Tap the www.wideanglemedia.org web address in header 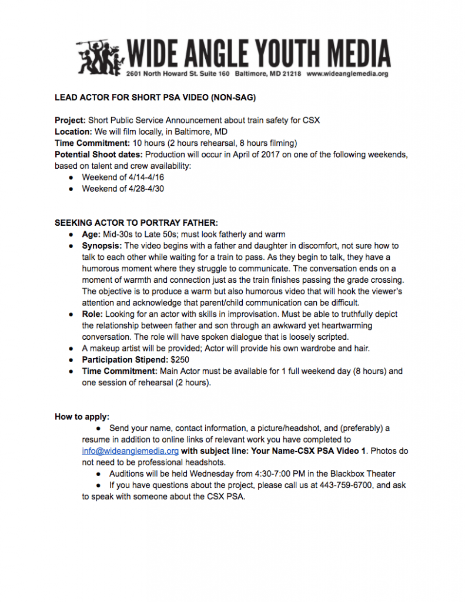[347, 74]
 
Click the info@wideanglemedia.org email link [130, 451]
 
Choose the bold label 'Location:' [73, 132]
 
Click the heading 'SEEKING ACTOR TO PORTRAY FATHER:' [136, 223]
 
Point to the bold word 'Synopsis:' [102, 246]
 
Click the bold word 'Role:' [93, 315]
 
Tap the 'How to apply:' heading [82, 417]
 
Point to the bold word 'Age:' [92, 234]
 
